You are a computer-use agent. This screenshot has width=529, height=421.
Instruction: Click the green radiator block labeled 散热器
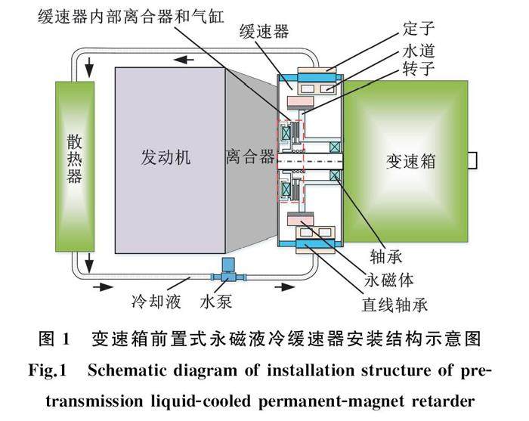click(x=75, y=166)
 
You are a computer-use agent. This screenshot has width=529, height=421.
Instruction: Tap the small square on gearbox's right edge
click(x=472, y=160)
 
